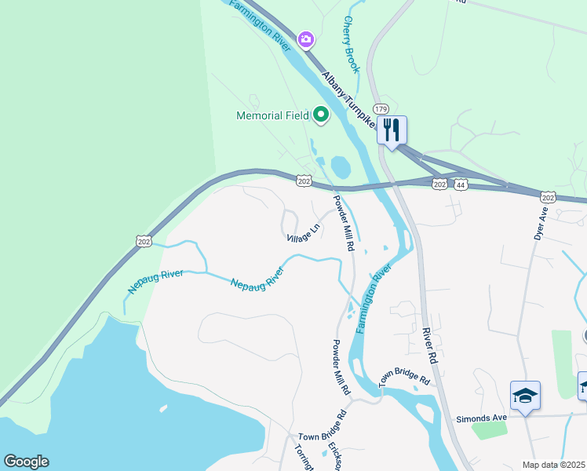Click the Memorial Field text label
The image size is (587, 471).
[x=273, y=116]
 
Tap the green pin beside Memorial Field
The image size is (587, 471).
[x=321, y=116]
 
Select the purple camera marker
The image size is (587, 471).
[x=306, y=38]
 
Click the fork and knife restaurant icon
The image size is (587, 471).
[x=392, y=130]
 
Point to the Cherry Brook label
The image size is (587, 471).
[x=351, y=46]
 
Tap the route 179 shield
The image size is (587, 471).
[x=381, y=109]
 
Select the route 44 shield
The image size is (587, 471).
[x=461, y=184]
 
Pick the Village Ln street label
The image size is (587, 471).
[x=303, y=232]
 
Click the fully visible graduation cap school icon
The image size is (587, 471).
[x=525, y=396]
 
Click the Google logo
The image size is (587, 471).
[x=26, y=462]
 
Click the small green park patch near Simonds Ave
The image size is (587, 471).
[x=490, y=430]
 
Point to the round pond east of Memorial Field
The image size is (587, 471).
[x=341, y=167]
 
